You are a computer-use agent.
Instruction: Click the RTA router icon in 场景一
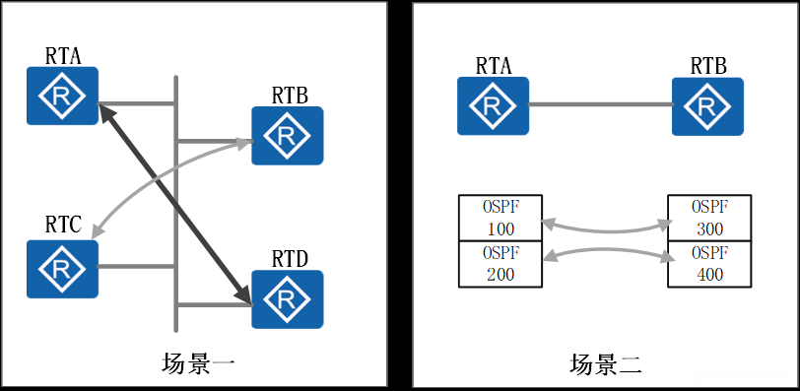[63, 96]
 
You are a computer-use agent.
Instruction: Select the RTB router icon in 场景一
[287, 135]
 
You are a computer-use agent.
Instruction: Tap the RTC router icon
[63, 264]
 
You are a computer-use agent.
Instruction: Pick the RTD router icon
[287, 298]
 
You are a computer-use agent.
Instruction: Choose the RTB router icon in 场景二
[707, 105]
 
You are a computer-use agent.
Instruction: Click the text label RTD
[288, 258]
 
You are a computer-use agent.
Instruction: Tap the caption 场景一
[197, 364]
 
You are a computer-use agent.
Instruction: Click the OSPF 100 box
[500, 218]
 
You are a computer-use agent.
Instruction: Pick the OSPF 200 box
[500, 264]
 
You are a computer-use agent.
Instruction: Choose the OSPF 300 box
[709, 218]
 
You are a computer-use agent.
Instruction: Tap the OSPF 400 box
[709, 264]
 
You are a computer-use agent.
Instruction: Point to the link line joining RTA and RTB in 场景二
[600, 104]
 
